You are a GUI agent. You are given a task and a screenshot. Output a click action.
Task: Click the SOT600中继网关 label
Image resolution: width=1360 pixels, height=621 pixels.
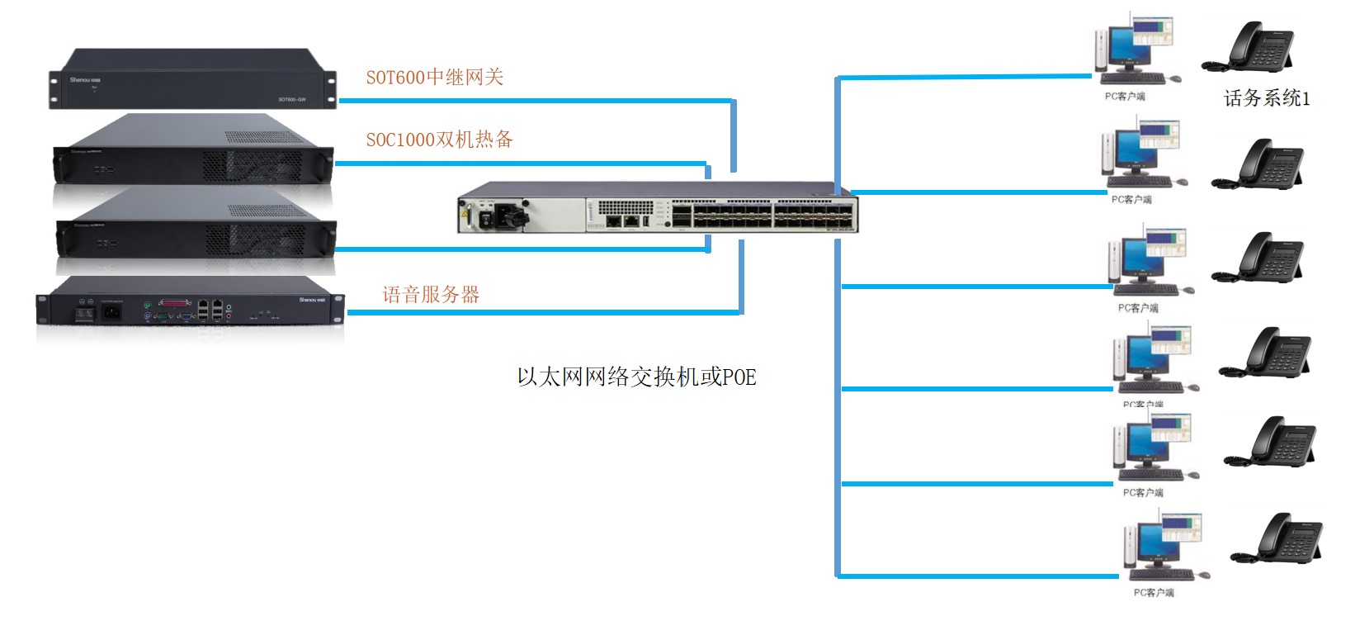435,78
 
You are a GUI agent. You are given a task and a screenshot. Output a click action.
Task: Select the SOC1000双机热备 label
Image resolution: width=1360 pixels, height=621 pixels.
439,140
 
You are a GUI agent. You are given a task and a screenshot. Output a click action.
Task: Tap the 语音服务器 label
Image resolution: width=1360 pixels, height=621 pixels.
431,295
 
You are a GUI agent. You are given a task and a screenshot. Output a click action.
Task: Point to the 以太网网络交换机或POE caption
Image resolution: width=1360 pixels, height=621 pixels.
636,377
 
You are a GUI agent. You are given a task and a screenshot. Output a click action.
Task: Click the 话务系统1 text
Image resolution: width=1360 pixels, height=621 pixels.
1266,99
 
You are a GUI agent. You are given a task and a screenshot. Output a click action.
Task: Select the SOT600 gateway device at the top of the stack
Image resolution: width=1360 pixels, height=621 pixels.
191,79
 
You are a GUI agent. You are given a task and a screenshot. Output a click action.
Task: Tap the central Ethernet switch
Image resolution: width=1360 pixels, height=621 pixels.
658,207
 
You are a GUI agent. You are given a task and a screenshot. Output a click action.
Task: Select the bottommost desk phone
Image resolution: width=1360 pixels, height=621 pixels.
1278,539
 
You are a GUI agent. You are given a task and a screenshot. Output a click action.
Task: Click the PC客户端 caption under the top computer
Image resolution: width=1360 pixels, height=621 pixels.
1125,97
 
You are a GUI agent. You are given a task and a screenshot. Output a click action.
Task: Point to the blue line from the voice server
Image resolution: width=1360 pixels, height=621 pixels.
545,312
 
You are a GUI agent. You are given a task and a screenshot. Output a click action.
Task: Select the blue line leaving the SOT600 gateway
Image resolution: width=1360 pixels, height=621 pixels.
536,101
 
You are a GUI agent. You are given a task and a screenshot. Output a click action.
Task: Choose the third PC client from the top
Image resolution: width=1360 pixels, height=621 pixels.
1150,263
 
